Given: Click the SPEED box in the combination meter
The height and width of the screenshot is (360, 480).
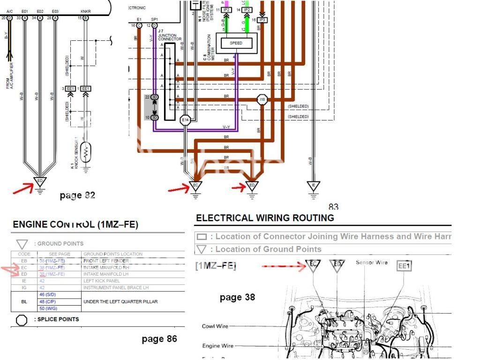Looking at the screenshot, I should pos(236,43).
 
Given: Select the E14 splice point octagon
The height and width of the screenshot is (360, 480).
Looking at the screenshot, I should pos(186,120).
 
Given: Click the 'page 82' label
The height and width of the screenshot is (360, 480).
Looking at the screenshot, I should pos(77,195).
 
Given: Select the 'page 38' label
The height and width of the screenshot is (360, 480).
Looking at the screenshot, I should pos(237,297).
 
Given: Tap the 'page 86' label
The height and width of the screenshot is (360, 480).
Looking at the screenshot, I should pos(159,338).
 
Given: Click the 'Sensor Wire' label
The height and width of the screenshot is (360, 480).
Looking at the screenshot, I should pos(372,262).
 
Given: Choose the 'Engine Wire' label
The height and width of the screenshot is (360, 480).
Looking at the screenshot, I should pos(217,346).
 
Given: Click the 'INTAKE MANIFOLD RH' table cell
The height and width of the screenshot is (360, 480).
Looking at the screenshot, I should pos(106,267).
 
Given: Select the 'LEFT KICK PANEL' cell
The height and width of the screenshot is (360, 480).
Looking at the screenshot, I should pos(100,281).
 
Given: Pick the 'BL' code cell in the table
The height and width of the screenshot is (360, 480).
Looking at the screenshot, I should pos(24,301).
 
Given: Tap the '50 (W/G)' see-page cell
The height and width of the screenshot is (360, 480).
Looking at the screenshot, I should pos(49,308).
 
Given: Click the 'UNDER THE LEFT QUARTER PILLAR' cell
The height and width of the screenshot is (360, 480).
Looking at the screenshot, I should pos(120,301).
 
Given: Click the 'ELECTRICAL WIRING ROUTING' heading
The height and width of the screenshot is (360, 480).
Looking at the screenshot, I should pos(265,218).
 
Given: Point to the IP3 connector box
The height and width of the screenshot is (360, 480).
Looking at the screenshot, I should pos(262,20).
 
